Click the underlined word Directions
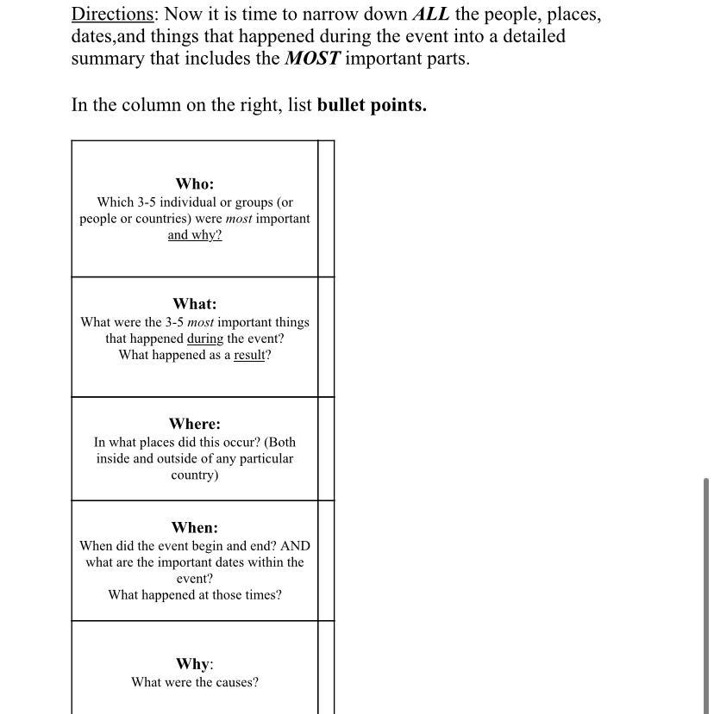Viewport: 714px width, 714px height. pyautogui.click(x=112, y=15)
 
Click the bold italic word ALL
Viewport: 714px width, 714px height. pyautogui.click(x=430, y=15)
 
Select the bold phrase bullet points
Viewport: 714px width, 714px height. pyautogui.click(x=372, y=106)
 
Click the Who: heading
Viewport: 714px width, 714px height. pyautogui.click(x=194, y=183)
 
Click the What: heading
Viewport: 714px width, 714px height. pyautogui.click(x=194, y=304)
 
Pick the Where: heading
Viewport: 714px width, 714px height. pyautogui.click(x=194, y=424)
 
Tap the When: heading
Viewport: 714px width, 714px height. pyautogui.click(x=194, y=528)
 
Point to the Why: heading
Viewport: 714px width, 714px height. pyautogui.click(x=194, y=664)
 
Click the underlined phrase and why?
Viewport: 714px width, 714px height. pyautogui.click(x=194, y=235)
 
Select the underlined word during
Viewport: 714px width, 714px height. pyautogui.click(x=204, y=338)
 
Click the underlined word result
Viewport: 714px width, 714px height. pyautogui.click(x=249, y=355)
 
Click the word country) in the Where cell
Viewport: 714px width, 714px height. pyautogui.click(x=194, y=475)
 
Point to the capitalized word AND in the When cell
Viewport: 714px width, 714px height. pyautogui.click(x=295, y=546)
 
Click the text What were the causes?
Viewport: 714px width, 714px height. pyautogui.click(x=194, y=682)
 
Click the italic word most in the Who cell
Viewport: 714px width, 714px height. pyautogui.click(x=239, y=219)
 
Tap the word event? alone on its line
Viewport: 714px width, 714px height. pyautogui.click(x=194, y=579)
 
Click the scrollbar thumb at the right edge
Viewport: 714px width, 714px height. pyautogui.click(x=707, y=594)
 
